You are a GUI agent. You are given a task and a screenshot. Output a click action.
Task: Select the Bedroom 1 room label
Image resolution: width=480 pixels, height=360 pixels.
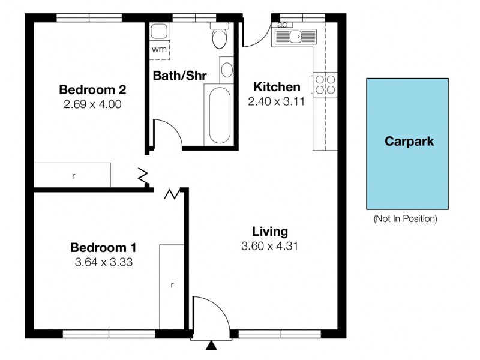103,247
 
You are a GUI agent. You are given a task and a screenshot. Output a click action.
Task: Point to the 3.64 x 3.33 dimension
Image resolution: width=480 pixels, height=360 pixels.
103,262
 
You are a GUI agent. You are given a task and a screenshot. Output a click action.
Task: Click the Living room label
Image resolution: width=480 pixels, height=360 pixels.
270,231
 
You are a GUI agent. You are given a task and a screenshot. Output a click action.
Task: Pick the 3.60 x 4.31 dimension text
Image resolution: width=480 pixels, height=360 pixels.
270,245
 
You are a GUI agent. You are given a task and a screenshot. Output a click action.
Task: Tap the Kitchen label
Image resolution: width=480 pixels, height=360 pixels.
277,86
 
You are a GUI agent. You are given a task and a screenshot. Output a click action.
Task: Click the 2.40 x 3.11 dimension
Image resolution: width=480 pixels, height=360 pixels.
277,101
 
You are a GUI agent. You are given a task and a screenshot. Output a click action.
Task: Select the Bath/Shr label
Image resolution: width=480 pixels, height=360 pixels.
180,76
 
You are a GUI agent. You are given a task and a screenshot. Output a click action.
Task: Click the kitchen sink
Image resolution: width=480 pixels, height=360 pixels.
295,37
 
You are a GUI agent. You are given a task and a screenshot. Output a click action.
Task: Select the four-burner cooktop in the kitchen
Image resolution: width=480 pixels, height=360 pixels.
324,84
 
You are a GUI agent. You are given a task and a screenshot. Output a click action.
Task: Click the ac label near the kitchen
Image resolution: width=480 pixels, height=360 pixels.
281,25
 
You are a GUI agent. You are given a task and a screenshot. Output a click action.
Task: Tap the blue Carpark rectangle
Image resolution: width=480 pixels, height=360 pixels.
407,143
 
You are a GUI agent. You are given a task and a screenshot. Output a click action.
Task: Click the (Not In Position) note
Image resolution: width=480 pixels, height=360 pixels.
405,218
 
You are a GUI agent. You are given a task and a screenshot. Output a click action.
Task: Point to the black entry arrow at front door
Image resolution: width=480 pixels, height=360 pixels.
211,346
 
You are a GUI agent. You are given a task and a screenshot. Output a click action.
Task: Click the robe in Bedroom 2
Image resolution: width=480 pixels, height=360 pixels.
73,175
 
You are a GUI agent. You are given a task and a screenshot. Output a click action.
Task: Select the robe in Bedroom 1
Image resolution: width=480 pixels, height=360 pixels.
172,286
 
